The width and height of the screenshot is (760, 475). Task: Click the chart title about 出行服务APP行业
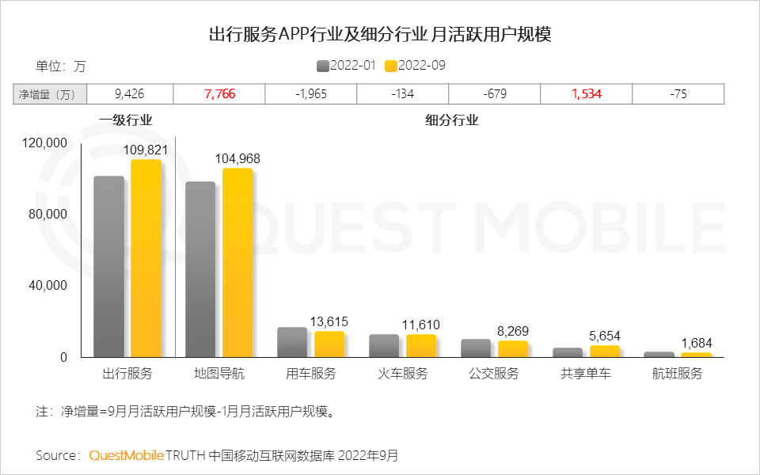tap(379, 35)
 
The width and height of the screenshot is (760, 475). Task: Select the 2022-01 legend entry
tap(346, 66)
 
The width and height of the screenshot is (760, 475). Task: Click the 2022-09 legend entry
tap(415, 66)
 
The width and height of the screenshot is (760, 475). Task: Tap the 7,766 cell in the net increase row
tap(219, 94)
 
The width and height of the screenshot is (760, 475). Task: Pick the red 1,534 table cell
tap(587, 94)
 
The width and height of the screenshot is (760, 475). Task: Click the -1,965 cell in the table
tap(311, 94)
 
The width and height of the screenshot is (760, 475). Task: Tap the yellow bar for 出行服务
tap(146, 258)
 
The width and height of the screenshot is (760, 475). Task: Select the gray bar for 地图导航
tap(200, 269)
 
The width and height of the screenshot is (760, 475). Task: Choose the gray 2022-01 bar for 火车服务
tap(384, 346)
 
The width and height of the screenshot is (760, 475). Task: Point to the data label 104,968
tap(237, 159)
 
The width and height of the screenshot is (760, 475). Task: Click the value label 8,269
tap(513, 331)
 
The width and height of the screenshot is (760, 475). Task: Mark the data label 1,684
tap(697, 343)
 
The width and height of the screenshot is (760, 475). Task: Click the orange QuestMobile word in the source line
tap(127, 455)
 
